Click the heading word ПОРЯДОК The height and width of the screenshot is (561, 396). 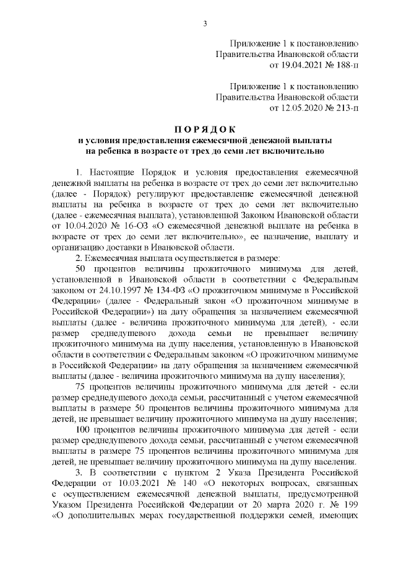point(204,130)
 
